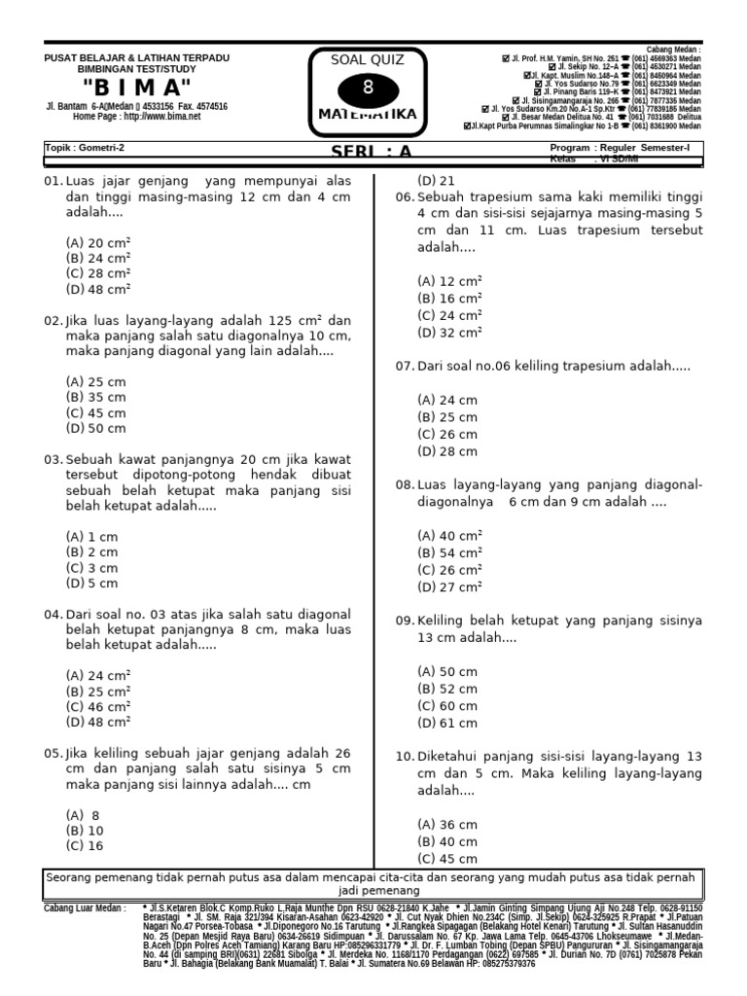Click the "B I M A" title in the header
[136, 88]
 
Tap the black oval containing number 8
[368, 89]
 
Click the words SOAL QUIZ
[368, 60]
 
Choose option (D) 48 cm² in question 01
[98, 289]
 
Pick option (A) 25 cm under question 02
[95, 381]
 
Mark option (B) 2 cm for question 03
[91, 551]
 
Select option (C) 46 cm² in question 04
[98, 706]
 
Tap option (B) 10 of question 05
[85, 831]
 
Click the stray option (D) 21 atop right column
[436, 181]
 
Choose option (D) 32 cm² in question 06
[449, 332]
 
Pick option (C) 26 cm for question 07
[447, 434]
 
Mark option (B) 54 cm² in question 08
[449, 552]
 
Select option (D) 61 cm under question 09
[447, 723]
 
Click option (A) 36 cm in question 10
[447, 824]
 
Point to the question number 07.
[405, 366]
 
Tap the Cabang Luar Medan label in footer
[85, 907]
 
